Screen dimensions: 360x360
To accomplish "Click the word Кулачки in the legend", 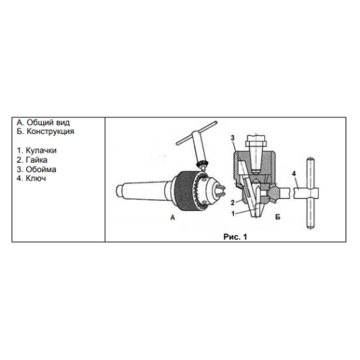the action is [x=41, y=150].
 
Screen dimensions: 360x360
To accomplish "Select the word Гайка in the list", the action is [x=37, y=160].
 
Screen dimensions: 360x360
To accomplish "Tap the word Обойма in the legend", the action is [x=41, y=169].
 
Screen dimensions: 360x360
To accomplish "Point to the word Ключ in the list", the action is [x=36, y=179].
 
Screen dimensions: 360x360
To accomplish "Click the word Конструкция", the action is [x=50, y=131].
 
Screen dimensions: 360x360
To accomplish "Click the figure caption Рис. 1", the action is [x=235, y=237].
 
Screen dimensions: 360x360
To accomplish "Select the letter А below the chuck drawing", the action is [x=173, y=217].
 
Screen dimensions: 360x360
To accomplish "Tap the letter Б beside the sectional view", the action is [x=278, y=217].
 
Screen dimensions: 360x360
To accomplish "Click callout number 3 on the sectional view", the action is [x=233, y=138].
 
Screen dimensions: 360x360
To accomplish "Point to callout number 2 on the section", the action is [x=233, y=203].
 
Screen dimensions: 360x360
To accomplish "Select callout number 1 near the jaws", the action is [x=233, y=213].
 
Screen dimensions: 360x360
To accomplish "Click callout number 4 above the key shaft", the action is [x=294, y=174].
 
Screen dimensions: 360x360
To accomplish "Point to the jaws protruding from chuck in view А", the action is [x=220, y=190].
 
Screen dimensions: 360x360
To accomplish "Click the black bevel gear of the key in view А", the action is [x=201, y=165].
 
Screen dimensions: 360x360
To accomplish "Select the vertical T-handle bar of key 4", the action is [x=311, y=194].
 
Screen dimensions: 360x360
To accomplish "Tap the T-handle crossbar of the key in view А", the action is [x=197, y=132].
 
